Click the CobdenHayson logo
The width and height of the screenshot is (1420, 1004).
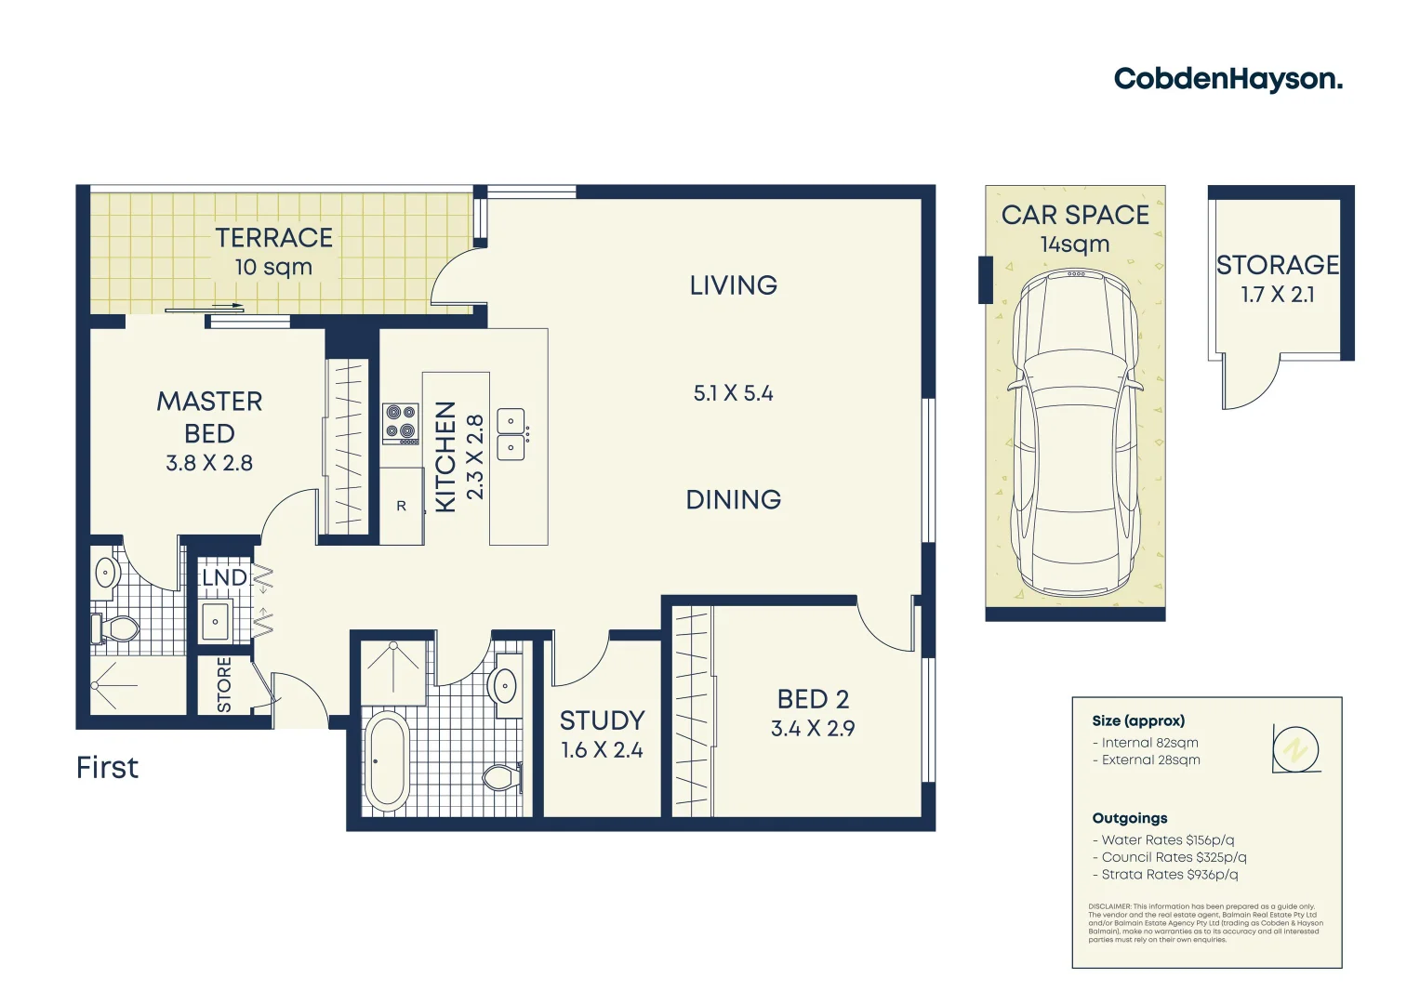(1228, 79)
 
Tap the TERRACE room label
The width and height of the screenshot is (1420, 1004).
(273, 238)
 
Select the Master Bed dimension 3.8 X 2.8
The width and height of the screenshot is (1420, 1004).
(209, 463)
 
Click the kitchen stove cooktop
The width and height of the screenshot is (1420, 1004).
(401, 423)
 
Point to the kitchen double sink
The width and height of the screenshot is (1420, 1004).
(511, 434)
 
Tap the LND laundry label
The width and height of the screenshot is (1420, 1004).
(224, 578)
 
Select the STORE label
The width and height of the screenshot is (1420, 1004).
(224, 685)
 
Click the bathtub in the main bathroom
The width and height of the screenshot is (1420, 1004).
(386, 761)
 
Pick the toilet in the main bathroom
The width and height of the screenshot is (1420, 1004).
(501, 776)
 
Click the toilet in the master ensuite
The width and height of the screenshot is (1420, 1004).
(115, 629)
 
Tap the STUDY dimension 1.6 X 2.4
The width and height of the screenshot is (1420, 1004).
(602, 750)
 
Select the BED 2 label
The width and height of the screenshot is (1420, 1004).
(813, 699)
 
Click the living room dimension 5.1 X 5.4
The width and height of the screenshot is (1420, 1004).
(733, 394)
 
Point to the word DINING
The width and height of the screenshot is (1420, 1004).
(733, 500)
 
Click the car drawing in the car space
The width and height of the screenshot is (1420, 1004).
(1075, 432)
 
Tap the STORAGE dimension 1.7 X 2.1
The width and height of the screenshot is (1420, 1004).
(1277, 295)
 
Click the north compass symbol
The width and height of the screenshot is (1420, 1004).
(1295, 749)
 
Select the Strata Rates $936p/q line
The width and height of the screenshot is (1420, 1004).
(1169, 875)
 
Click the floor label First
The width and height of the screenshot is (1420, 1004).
(107, 768)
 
